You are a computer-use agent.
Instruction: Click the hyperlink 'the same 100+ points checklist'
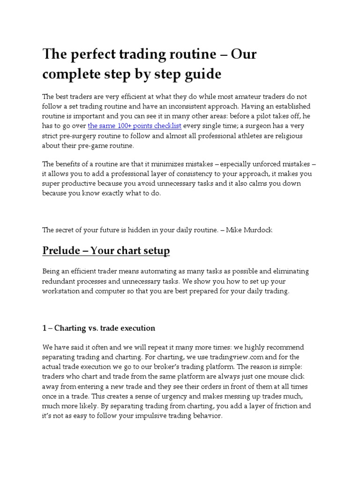click(x=135, y=126)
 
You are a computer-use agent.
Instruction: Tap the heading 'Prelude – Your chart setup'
click(x=106, y=251)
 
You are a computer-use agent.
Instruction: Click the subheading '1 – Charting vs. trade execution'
click(x=98, y=328)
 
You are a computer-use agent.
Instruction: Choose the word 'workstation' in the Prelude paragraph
click(x=61, y=291)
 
